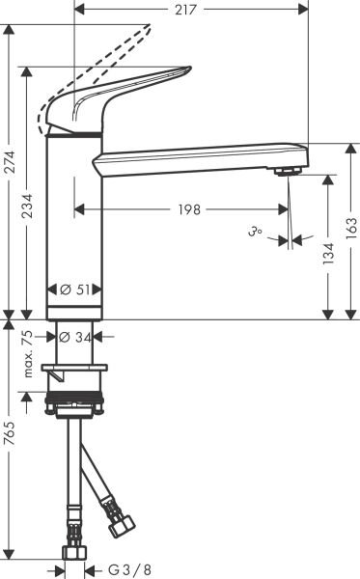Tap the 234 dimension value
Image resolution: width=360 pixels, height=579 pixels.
pos(31,206)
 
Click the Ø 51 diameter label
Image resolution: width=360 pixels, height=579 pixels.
pos(73,289)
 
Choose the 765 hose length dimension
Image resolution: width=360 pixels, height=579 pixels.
pos(10,451)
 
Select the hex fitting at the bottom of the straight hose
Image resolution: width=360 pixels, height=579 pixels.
pos(74,555)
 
